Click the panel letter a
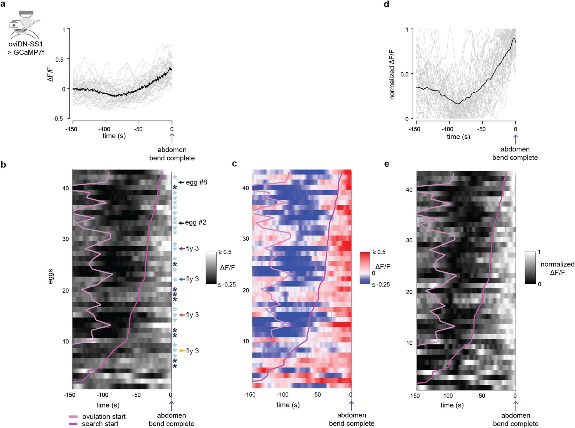click(x=3, y=4)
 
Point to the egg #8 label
click(x=196, y=182)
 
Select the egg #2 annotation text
click(x=195, y=222)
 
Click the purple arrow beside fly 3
click(x=182, y=249)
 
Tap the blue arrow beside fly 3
click(x=182, y=279)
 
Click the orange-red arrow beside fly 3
click(x=182, y=315)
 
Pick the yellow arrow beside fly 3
click(x=182, y=351)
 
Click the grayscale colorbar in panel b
click(x=211, y=268)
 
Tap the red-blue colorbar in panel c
click(x=365, y=268)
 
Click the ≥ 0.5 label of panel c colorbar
click(x=379, y=252)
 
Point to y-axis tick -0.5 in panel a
click(x=58, y=119)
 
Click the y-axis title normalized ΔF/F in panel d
click(x=392, y=74)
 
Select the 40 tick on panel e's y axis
click(x=409, y=190)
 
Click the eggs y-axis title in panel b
click(x=50, y=276)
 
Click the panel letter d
click(x=386, y=4)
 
